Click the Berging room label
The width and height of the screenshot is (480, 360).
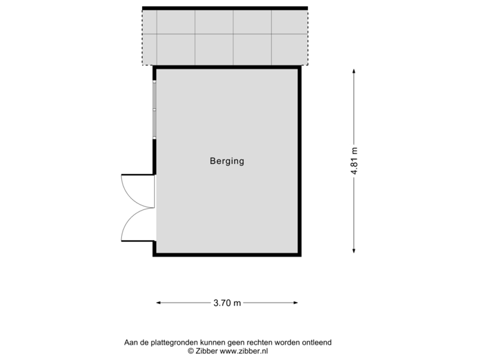[x=227, y=161]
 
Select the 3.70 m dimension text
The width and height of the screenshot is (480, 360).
[x=227, y=303]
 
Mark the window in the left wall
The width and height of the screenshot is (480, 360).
[x=154, y=109]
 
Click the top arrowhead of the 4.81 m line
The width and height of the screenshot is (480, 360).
[x=354, y=69]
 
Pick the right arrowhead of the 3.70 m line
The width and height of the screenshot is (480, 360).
[x=297, y=303]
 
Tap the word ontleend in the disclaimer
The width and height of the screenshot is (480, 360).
[x=317, y=342]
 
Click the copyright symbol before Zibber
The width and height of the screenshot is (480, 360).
[x=190, y=350]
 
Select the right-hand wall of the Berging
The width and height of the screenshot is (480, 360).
[x=299, y=160]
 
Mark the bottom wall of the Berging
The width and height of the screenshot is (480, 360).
[x=227, y=254]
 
